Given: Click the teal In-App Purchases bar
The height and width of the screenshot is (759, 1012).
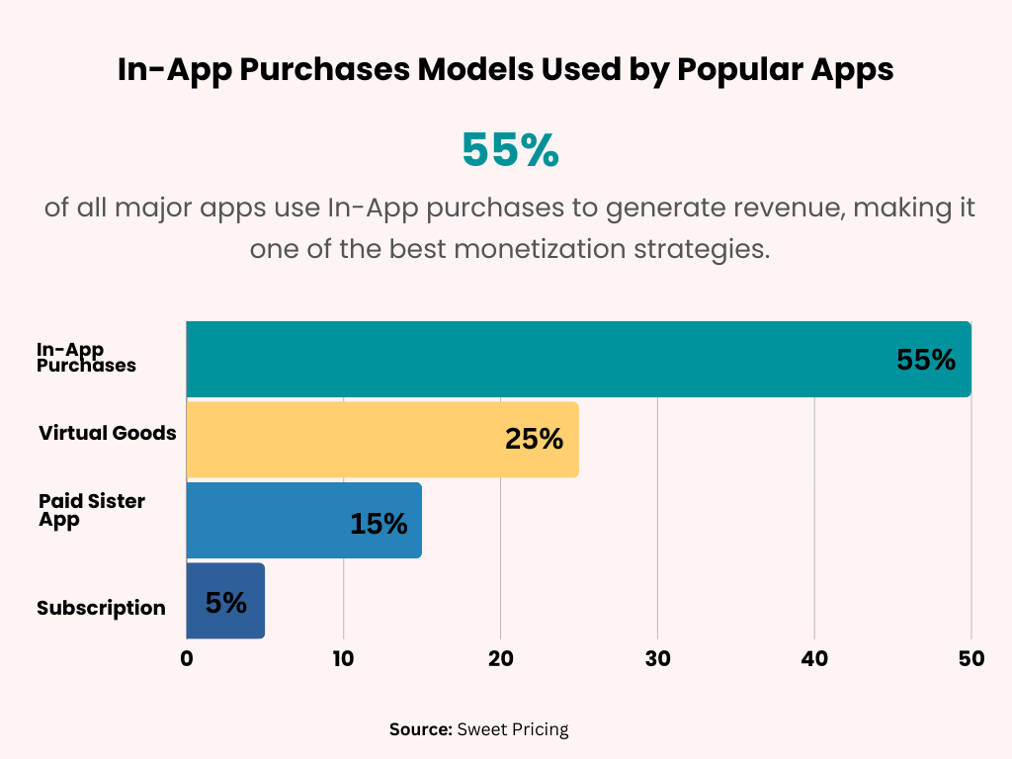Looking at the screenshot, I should pyautogui.click(x=534, y=359).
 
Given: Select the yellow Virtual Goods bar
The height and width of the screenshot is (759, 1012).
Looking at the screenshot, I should pyautogui.click(x=346, y=439).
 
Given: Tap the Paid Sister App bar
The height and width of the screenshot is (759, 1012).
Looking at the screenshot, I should pyautogui.click(x=267, y=520).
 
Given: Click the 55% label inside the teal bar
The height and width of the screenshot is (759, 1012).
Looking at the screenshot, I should pyautogui.click(x=926, y=360).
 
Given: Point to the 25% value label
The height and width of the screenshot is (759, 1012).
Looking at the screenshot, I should pyautogui.click(x=534, y=440).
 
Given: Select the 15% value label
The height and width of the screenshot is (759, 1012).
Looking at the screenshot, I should pyautogui.click(x=379, y=523).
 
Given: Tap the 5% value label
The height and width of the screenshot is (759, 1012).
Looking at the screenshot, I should pyautogui.click(x=226, y=602).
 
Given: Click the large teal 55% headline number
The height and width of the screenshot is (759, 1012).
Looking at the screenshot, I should pyautogui.click(x=510, y=150).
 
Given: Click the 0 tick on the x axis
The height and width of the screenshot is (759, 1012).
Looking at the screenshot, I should pyautogui.click(x=187, y=658).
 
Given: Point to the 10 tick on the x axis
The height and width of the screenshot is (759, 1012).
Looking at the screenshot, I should pyautogui.click(x=343, y=658).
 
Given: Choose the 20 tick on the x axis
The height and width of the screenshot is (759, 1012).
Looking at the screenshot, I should pyautogui.click(x=500, y=658).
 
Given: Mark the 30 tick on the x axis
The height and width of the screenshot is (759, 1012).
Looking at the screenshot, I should pyautogui.click(x=657, y=658).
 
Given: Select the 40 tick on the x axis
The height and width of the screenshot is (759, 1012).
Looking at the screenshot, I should pyautogui.click(x=814, y=658).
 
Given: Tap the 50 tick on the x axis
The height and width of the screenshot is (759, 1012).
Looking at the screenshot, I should pyautogui.click(x=971, y=658).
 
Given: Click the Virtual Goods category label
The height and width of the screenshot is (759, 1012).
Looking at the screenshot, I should pyautogui.click(x=108, y=433).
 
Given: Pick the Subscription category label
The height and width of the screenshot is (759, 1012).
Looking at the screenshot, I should pyautogui.click(x=101, y=608).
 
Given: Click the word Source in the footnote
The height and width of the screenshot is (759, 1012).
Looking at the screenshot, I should pyautogui.click(x=420, y=729).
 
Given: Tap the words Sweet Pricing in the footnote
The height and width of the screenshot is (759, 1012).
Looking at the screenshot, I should pyautogui.click(x=513, y=729).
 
